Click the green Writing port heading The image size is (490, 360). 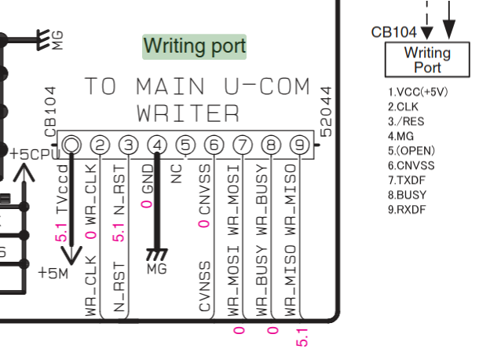194,46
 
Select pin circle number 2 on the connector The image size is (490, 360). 100,145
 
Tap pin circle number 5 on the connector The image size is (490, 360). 185,145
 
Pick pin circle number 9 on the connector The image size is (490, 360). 298,145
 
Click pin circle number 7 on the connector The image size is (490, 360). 243,145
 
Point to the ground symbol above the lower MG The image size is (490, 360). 157,255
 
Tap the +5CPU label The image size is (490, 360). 30,153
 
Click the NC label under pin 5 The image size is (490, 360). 177,174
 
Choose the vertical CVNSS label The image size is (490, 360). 204,286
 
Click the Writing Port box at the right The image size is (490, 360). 427,60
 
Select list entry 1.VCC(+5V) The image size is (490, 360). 418,91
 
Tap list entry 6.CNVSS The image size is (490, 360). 411,165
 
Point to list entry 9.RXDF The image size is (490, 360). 408,209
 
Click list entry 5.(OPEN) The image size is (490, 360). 411,150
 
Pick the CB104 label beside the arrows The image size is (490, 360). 394,32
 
